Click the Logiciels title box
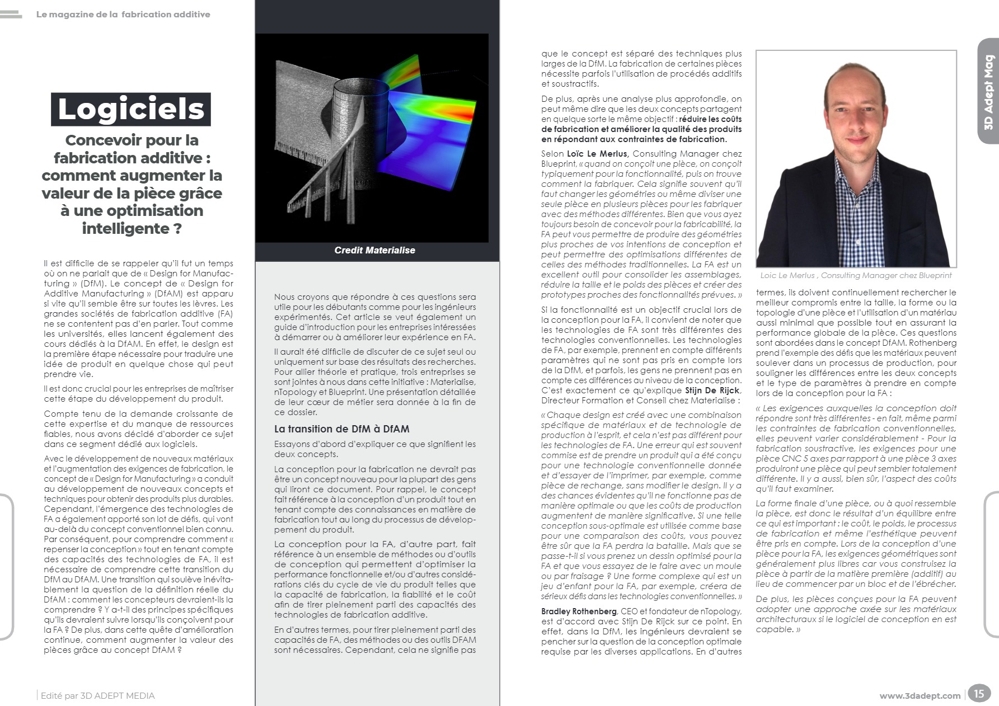tap(131, 109)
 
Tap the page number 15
tap(978, 694)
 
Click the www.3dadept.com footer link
tap(920, 696)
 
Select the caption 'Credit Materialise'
tap(374, 250)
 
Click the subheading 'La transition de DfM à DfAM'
tap(341, 429)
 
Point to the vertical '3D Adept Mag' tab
tap(988, 92)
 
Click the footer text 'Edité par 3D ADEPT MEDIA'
tap(98, 696)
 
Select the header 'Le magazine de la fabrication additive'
tap(123, 15)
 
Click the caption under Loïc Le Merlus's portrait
tap(856, 275)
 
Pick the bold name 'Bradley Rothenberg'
tap(579, 611)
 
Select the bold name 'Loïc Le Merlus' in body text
tap(598, 154)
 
